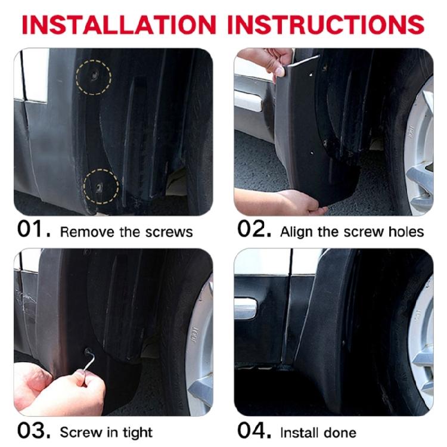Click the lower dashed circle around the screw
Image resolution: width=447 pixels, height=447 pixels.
tap(100, 185)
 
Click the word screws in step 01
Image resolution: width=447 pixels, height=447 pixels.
tap(173, 231)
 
